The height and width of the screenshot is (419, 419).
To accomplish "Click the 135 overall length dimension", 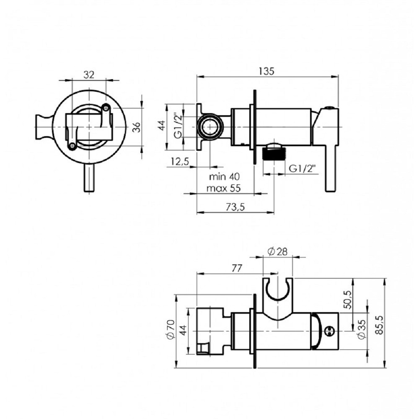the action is point(266,71).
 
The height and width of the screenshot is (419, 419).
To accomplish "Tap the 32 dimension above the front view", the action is point(89,75).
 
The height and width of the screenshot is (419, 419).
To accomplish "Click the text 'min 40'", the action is point(225,177).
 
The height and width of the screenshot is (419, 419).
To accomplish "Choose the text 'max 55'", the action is point(224,189).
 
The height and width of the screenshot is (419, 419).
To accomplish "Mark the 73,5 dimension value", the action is point(235,207).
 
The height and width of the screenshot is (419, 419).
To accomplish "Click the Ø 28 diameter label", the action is point(277,251).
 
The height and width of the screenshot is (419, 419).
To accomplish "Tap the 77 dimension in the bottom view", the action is point(237,268).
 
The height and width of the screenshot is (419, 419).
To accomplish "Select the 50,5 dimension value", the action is point(349,300).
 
